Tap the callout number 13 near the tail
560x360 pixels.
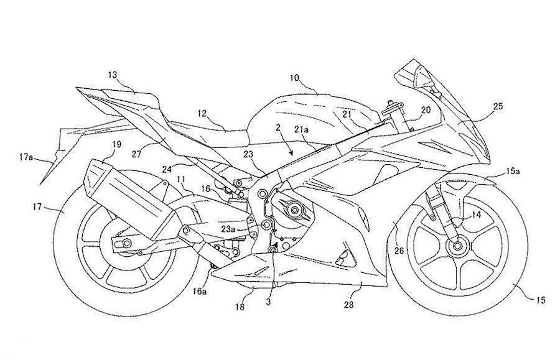point(112,75)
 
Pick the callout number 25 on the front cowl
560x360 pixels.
point(498,106)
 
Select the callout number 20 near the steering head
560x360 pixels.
point(426,109)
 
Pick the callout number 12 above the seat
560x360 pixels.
point(202,113)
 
